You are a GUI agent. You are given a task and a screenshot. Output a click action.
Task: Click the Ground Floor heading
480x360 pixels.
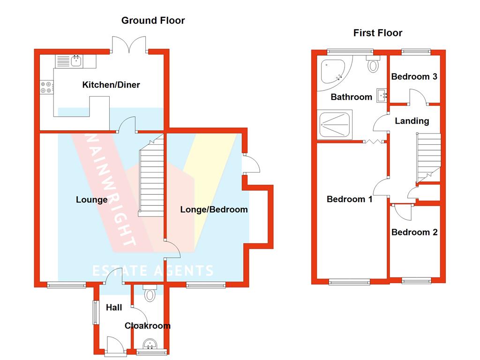(153, 21)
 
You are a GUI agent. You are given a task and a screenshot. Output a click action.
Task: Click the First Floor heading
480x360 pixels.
(377, 33)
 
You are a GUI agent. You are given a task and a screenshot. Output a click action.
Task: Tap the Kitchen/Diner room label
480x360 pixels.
(111, 85)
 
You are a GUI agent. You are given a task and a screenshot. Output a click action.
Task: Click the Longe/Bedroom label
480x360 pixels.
(214, 210)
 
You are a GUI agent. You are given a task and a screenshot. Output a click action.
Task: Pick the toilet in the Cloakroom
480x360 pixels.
(150, 293)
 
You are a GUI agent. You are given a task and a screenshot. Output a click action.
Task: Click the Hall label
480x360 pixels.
(114, 307)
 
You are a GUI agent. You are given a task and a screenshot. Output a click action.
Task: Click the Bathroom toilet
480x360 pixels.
(374, 64)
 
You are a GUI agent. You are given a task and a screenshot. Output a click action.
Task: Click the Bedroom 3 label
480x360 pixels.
(414, 76)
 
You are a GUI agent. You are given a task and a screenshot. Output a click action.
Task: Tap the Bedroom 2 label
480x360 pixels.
(414, 232)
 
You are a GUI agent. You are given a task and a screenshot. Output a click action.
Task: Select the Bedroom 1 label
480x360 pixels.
(349, 199)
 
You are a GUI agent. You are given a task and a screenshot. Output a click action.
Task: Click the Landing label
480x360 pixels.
(412, 121)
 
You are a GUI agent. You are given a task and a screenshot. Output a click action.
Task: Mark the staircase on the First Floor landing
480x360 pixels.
(428, 157)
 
